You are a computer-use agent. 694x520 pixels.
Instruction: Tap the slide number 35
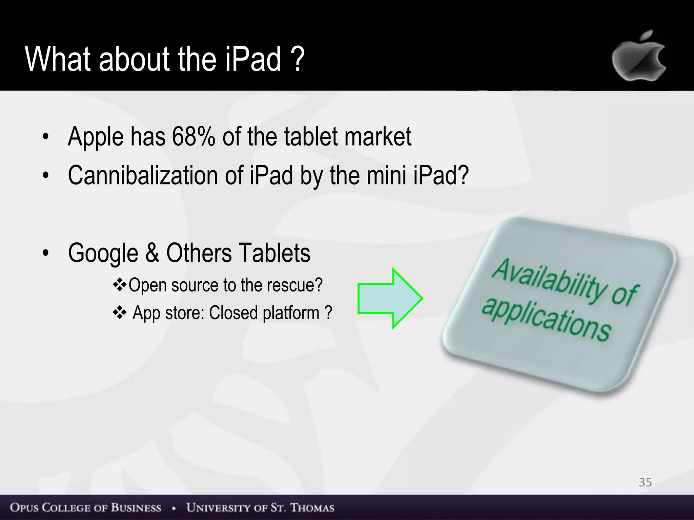coord(645,482)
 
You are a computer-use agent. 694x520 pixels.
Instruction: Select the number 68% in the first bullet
coord(193,136)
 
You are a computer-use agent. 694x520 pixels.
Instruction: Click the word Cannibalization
coord(143,175)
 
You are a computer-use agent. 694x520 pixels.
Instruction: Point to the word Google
coord(103,253)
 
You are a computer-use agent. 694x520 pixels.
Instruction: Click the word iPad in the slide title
coord(253,59)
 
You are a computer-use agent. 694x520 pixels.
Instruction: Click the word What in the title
coord(58,59)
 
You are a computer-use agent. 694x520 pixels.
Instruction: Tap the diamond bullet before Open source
coord(119,284)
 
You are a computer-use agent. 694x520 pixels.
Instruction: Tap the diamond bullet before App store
coord(119,312)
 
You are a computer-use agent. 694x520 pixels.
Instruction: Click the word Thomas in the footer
coord(312,507)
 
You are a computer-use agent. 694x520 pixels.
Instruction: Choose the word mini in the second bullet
coord(386,175)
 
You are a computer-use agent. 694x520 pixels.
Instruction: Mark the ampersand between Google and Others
coord(152,253)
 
